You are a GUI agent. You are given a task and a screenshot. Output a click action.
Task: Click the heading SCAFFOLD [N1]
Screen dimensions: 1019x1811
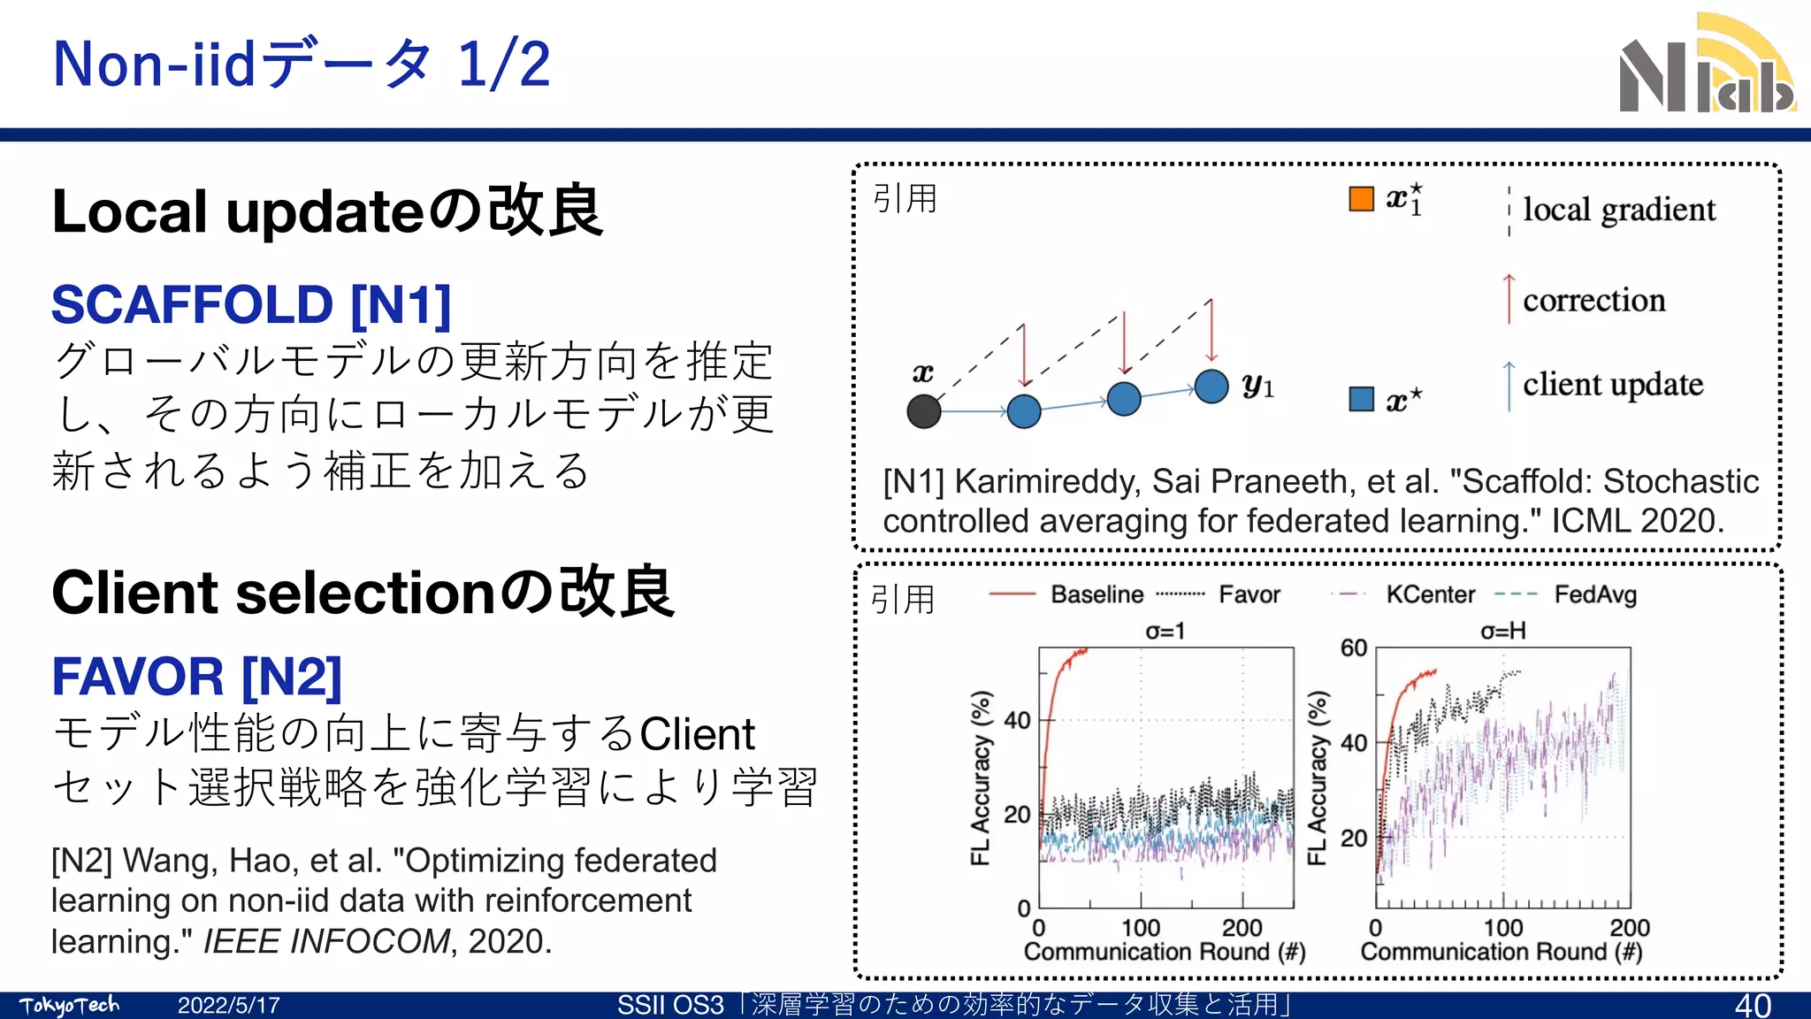coord(251,304)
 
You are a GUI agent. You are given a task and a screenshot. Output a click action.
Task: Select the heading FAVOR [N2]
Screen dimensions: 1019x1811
coord(196,677)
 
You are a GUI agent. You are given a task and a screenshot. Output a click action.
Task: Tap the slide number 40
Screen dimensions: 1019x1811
coord(1752,1006)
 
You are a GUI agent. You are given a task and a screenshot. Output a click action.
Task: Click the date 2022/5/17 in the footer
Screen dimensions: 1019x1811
coord(228,1006)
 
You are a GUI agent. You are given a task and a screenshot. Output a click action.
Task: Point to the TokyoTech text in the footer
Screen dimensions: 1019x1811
coord(69,1006)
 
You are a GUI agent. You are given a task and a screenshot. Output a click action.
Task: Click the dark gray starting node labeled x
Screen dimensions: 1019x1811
coord(924,411)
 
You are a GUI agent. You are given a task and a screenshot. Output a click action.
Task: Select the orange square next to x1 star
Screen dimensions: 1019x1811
coord(1361,199)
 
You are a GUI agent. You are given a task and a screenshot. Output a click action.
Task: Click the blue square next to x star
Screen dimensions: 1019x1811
coord(1361,399)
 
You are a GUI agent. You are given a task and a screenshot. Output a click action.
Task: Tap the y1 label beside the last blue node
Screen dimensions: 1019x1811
coord(1257,386)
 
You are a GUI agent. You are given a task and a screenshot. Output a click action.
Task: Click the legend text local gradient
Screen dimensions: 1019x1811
coord(1618,211)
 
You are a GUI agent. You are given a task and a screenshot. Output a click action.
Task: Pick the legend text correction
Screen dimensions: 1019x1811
coord(1593,301)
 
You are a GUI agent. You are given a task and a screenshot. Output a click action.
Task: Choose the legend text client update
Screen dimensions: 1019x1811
coord(1612,385)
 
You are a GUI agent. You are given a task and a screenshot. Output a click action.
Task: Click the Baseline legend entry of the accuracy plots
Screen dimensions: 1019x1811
coord(1097,594)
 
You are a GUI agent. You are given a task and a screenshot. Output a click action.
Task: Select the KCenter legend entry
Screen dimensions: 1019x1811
coord(1430,594)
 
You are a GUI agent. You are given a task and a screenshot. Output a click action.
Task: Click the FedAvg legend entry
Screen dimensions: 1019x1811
coord(1595,594)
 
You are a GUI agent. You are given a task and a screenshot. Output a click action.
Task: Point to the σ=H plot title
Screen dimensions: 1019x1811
coord(1502,631)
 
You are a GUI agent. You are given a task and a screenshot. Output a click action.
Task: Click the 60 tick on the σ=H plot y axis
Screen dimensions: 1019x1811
coord(1353,648)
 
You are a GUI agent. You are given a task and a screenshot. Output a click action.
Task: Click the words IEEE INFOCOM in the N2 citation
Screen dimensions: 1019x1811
coord(326,941)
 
